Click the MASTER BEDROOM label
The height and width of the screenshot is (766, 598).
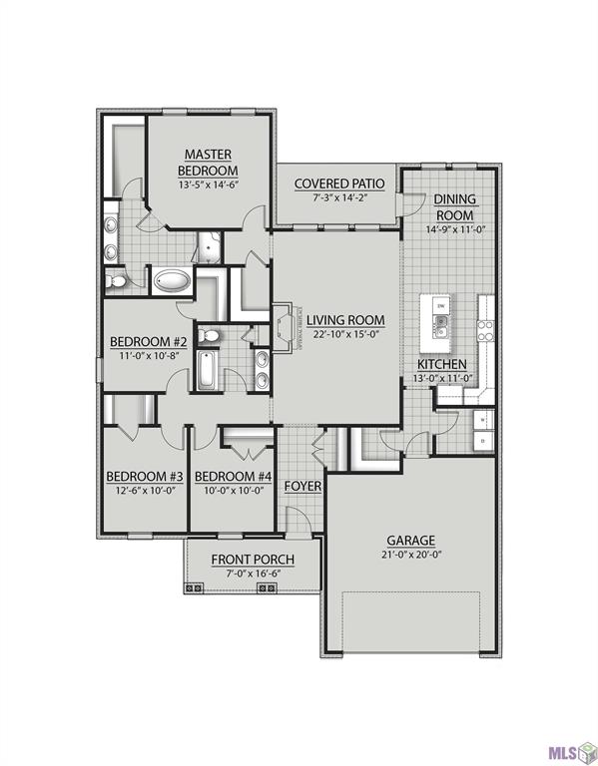pyautogui.click(x=209, y=162)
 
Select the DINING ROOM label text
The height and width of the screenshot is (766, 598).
pyautogui.click(x=454, y=206)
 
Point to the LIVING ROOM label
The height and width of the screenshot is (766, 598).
pyautogui.click(x=346, y=319)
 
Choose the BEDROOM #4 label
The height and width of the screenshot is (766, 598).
pyautogui.click(x=233, y=475)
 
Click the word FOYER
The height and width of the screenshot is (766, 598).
pyautogui.click(x=302, y=486)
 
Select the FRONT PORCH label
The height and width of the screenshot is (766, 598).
pyautogui.click(x=252, y=559)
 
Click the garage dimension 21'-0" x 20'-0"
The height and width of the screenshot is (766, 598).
pyautogui.click(x=411, y=555)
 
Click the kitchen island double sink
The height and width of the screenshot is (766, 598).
pyautogui.click(x=440, y=322)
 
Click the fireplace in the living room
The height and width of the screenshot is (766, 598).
pyautogui.click(x=283, y=325)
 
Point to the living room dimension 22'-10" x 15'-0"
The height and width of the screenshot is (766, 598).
pyautogui.click(x=346, y=334)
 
